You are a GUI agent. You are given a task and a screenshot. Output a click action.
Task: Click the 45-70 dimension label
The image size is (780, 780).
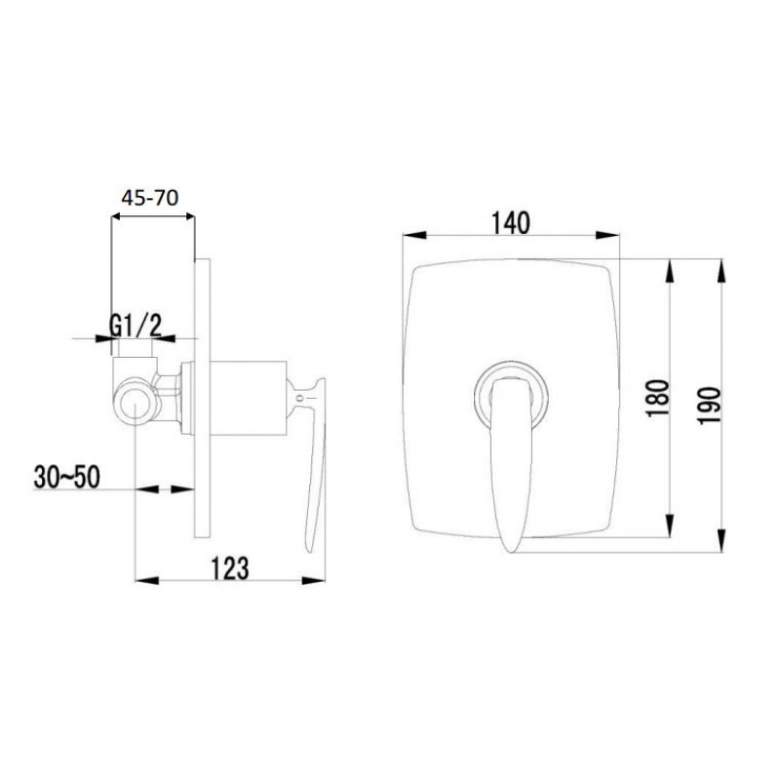(x=150, y=198)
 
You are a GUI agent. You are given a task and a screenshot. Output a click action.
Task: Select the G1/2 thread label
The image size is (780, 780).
(x=136, y=327)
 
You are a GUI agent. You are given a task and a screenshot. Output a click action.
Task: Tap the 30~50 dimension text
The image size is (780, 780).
(x=66, y=477)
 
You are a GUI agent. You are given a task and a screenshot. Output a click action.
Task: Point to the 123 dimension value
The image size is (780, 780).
(x=230, y=568)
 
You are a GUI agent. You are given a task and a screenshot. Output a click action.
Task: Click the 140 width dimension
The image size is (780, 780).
(x=511, y=223)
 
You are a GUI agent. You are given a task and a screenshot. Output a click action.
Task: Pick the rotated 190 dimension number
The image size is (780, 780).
(x=709, y=406)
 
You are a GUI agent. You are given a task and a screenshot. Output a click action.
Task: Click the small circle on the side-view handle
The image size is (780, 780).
(x=300, y=398)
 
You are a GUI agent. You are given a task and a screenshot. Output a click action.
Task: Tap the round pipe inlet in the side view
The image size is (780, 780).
(x=136, y=401)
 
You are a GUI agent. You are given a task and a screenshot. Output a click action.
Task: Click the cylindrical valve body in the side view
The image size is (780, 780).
(x=249, y=398)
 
